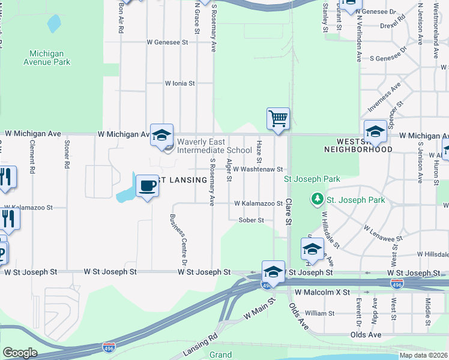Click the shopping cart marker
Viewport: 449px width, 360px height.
click(279, 118)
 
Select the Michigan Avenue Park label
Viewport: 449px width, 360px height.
click(47, 58)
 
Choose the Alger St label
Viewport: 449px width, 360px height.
click(229, 170)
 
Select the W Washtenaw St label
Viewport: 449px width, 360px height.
click(258, 170)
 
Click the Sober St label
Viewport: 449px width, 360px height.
click(252, 220)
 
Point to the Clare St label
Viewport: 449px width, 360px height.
click(288, 212)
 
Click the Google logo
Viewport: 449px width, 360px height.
click(20, 353)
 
